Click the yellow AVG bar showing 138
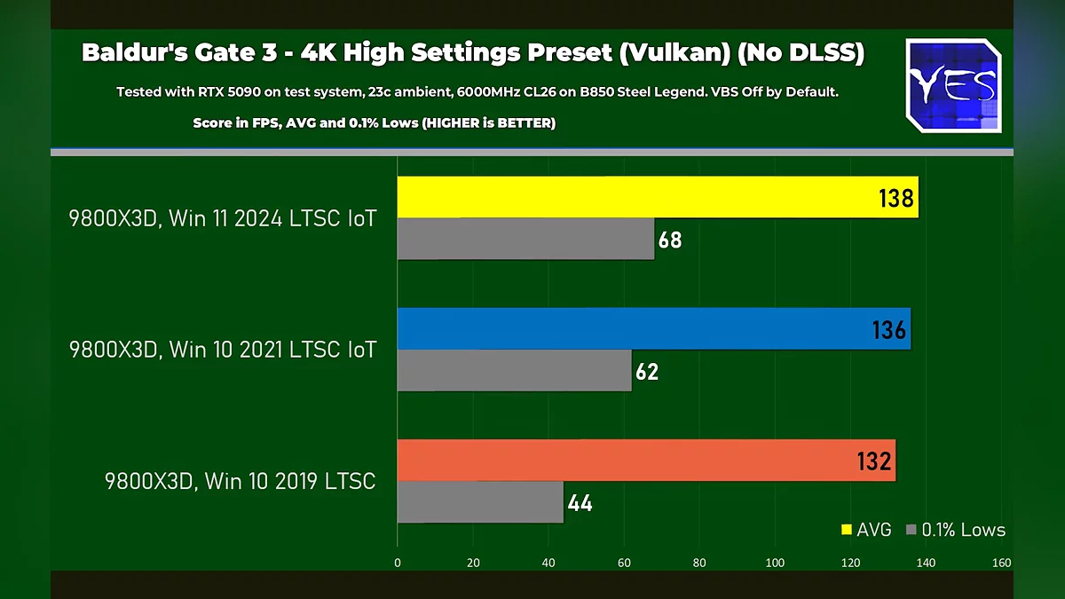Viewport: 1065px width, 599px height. [x=657, y=197]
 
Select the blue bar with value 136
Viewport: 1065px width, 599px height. [x=653, y=328]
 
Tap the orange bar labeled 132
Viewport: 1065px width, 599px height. [x=645, y=460]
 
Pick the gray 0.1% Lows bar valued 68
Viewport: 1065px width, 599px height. [x=525, y=239]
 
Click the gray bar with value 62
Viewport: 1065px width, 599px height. [x=514, y=370]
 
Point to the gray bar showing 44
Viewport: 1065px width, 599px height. [x=480, y=501]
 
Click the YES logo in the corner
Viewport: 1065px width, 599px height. [x=953, y=86]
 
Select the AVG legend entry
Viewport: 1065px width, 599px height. [x=865, y=530]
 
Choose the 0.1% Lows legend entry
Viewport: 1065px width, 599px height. [x=955, y=530]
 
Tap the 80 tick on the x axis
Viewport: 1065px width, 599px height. [x=699, y=563]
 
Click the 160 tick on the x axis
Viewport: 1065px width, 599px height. [x=1001, y=563]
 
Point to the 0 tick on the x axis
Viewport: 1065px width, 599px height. [x=398, y=563]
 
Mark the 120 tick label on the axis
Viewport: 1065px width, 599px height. [x=850, y=563]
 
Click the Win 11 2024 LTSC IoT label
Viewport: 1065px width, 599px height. [x=223, y=218]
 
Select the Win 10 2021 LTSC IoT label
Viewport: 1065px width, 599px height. [x=223, y=350]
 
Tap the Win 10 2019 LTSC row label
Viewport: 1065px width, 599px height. [x=240, y=481]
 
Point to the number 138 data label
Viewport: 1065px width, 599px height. [x=895, y=198]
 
